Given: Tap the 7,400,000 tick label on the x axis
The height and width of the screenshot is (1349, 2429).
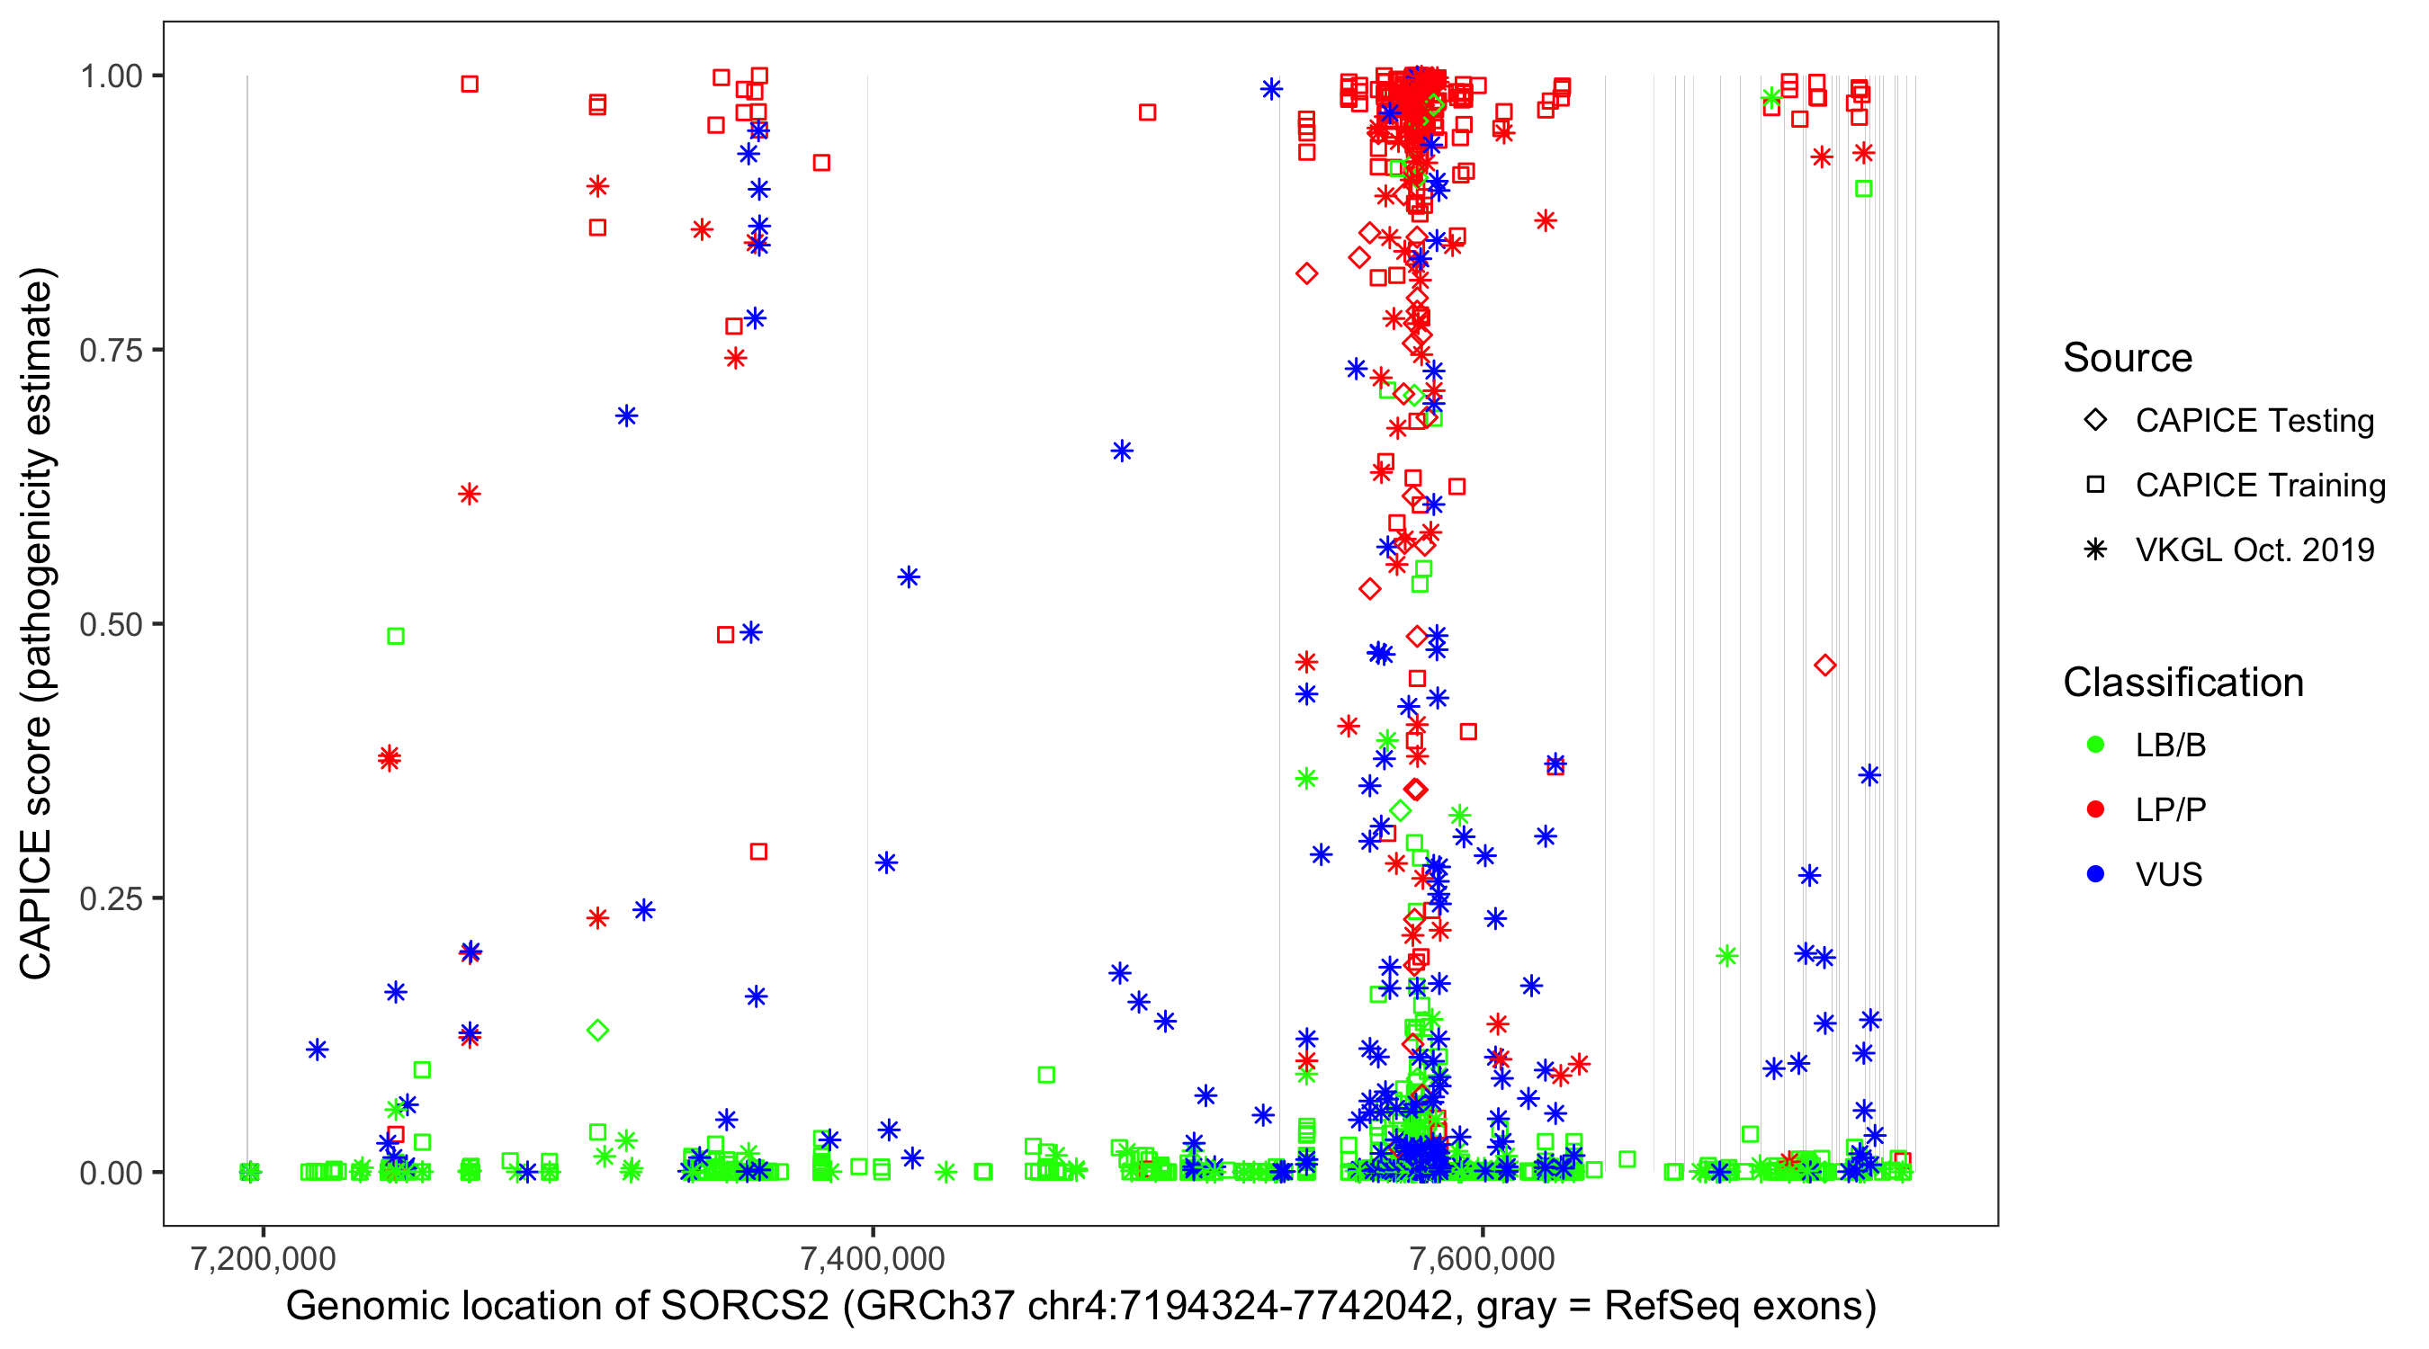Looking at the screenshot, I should [873, 1258].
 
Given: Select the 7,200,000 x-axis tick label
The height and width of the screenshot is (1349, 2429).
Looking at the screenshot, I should [263, 1258].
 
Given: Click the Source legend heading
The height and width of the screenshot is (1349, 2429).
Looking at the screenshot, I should [2128, 358].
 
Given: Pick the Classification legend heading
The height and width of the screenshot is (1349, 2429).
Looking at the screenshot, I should [2183, 683].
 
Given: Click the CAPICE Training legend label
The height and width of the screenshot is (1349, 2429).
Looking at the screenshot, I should [2260, 486].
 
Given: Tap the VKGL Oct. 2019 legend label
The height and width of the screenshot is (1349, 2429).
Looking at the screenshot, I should [2254, 550].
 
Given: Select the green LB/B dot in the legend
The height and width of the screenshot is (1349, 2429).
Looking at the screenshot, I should [2095, 745].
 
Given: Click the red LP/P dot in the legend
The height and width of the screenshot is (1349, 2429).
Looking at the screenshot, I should [2095, 809].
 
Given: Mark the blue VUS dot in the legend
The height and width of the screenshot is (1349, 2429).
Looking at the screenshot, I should [2095, 875].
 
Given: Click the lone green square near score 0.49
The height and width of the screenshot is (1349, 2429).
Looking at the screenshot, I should [396, 637].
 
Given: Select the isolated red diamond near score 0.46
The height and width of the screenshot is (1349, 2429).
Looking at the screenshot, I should [1824, 666].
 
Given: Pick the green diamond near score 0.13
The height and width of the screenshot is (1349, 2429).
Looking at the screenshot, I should [596, 1031].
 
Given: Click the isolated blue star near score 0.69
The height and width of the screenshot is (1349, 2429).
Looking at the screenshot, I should [626, 415].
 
